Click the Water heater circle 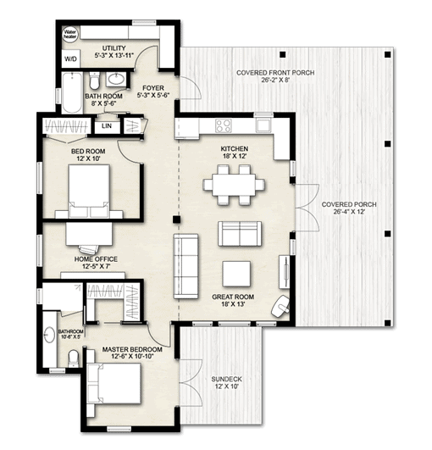69,36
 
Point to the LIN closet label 107,126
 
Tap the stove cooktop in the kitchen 224,126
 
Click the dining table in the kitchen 232,184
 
